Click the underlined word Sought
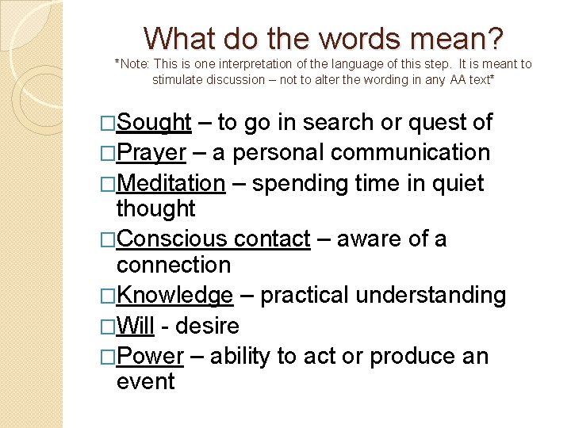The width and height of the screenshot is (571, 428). click(x=154, y=123)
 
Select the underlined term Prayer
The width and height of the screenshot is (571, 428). click(x=151, y=153)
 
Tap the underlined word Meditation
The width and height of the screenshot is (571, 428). click(x=171, y=183)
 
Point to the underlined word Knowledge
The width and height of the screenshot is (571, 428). click(x=174, y=296)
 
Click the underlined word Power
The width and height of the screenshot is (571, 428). click(x=150, y=356)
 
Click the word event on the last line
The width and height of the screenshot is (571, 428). click(x=145, y=381)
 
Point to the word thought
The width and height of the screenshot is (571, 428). click(x=155, y=208)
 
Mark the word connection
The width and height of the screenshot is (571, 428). click(x=173, y=264)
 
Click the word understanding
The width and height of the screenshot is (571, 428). click(x=431, y=296)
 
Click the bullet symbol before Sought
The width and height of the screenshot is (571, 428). click(x=109, y=123)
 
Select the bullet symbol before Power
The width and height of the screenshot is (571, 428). click(x=109, y=356)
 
